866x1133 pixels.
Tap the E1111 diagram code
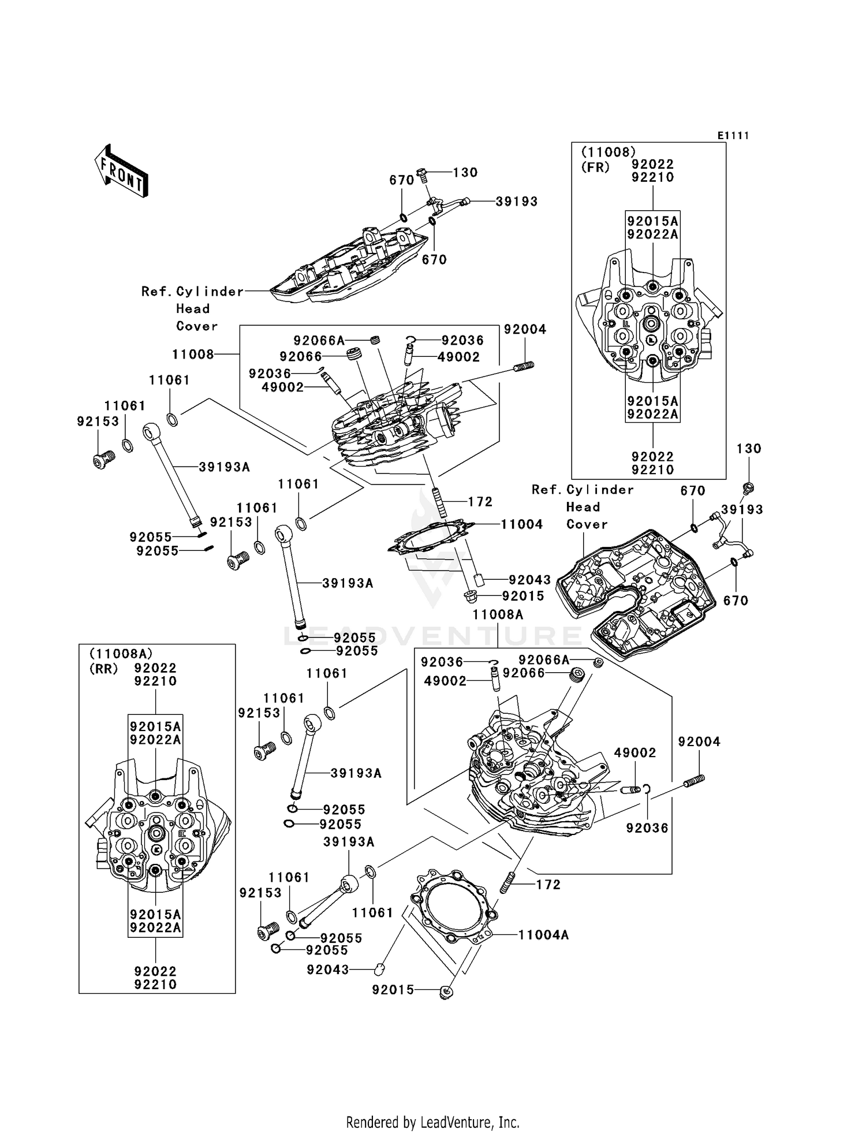(733, 136)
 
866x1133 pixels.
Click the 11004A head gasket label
(543, 934)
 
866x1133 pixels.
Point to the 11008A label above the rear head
(498, 615)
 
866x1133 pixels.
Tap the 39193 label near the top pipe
(516, 202)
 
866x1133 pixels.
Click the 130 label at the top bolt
(465, 173)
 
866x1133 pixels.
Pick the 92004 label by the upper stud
(525, 329)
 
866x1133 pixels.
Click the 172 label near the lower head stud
(548, 885)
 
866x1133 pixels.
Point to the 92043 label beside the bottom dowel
(328, 970)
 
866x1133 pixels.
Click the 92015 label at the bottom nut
(393, 990)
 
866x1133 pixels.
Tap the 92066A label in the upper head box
(319, 341)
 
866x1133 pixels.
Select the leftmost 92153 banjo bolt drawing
(103, 460)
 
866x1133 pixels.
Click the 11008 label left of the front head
(193, 355)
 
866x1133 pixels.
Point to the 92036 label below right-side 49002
(647, 828)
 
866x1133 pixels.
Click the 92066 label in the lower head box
(524, 673)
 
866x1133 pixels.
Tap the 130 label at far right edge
(749, 449)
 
